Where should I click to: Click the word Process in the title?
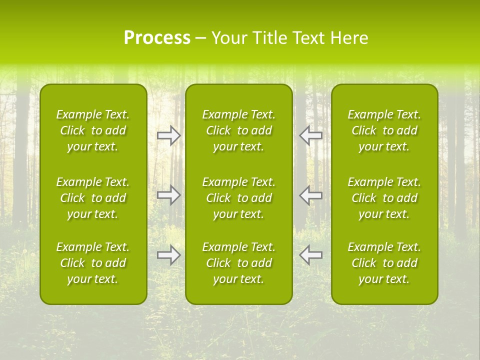click(x=157, y=38)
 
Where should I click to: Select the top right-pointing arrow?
click(x=169, y=135)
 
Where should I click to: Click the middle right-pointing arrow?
click(x=169, y=195)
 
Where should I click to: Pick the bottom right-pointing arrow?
click(x=169, y=255)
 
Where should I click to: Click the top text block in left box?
click(x=93, y=130)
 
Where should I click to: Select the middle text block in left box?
click(x=93, y=198)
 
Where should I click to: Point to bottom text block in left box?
click(x=93, y=263)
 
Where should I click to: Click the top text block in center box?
click(x=238, y=130)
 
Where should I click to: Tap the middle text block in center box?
click(x=238, y=198)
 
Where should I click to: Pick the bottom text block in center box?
click(x=238, y=263)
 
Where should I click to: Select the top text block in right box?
click(x=384, y=130)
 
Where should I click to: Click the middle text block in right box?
click(x=384, y=198)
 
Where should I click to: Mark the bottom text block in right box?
click(x=384, y=263)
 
